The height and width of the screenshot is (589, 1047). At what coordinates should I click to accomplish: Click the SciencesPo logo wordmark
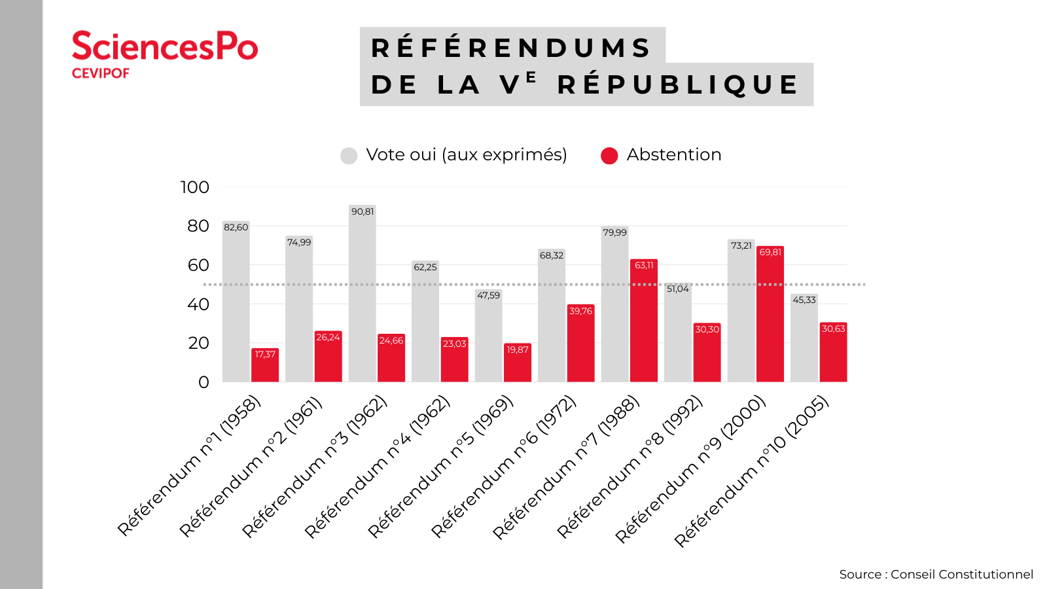click(164, 46)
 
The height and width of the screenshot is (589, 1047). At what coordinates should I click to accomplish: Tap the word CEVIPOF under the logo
click(100, 73)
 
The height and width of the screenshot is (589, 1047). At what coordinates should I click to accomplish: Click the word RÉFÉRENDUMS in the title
click(510, 48)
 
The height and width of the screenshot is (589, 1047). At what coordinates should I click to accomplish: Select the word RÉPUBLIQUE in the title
click(678, 84)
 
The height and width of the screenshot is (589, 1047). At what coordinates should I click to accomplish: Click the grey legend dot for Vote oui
click(349, 156)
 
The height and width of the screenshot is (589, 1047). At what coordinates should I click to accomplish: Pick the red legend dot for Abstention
click(609, 156)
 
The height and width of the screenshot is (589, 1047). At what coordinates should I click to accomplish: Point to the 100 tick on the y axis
click(195, 187)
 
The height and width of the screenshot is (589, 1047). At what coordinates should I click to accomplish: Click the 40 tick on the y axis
click(198, 304)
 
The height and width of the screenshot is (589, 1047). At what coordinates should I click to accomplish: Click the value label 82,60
click(236, 228)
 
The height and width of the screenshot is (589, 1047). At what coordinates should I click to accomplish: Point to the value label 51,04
click(678, 289)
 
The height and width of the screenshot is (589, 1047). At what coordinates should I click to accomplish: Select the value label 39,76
click(580, 311)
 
